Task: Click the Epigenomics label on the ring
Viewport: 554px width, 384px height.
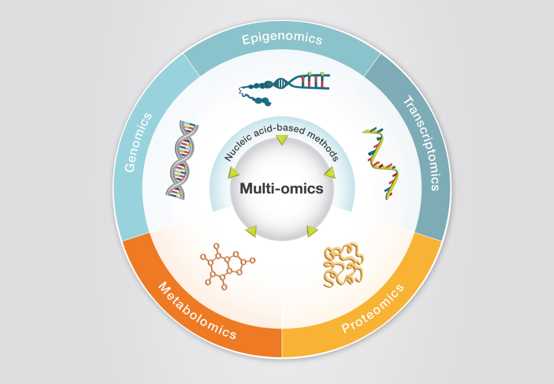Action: (282, 39)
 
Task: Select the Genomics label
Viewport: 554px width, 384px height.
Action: (139, 142)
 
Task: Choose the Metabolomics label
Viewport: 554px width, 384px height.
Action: (197, 310)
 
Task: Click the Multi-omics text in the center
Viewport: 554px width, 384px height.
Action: (282, 188)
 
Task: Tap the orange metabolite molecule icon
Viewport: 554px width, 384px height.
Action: (226, 265)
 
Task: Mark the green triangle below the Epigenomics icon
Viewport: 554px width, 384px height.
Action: (282, 141)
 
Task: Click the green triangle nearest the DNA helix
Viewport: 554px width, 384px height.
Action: (234, 173)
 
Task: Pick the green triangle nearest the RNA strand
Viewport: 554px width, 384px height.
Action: (330, 172)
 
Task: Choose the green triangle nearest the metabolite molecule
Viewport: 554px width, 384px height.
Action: (251, 231)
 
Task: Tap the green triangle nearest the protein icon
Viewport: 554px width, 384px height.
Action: (312, 231)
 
